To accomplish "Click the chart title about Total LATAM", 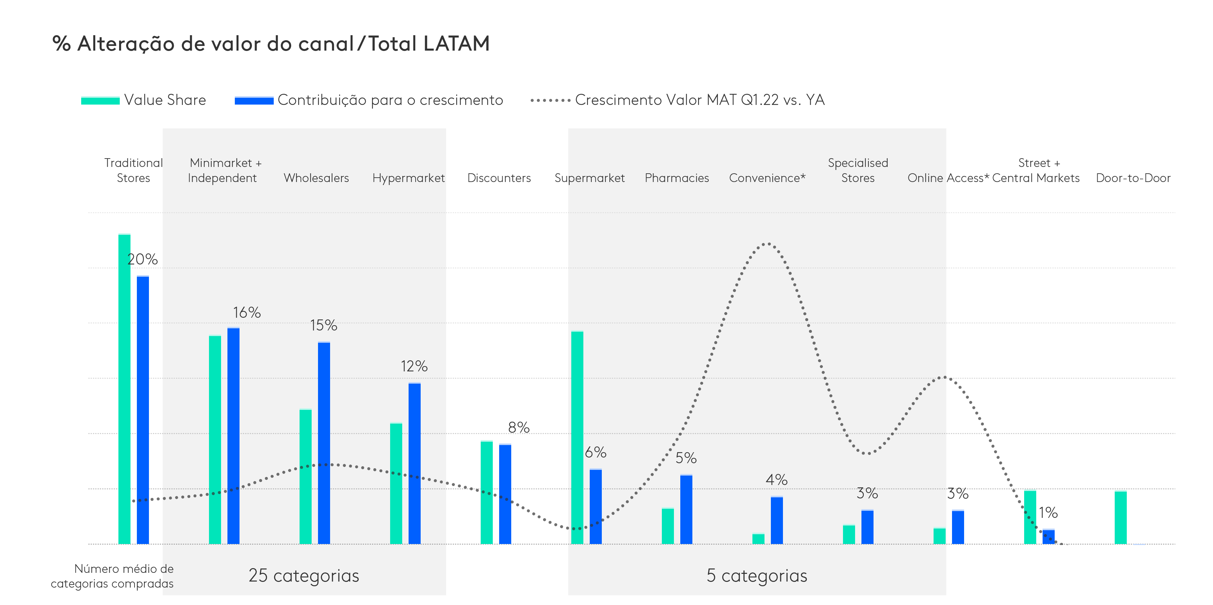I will [x=271, y=44].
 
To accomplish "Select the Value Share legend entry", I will [x=144, y=100].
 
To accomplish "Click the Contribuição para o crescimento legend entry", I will [x=369, y=100].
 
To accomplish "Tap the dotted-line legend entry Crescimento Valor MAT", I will [x=678, y=100].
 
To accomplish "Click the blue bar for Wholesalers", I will [x=324, y=442].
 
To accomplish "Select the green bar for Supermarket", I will [x=577, y=437].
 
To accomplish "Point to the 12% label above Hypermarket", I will [x=414, y=366].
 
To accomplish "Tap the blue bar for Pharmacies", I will [x=686, y=509].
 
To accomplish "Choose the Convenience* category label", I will [x=767, y=178].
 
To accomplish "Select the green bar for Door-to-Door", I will [x=1121, y=518].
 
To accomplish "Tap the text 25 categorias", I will [x=304, y=576].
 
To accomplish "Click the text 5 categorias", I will [x=757, y=576].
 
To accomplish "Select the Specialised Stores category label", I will [x=858, y=170].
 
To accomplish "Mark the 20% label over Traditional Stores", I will [x=142, y=259].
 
